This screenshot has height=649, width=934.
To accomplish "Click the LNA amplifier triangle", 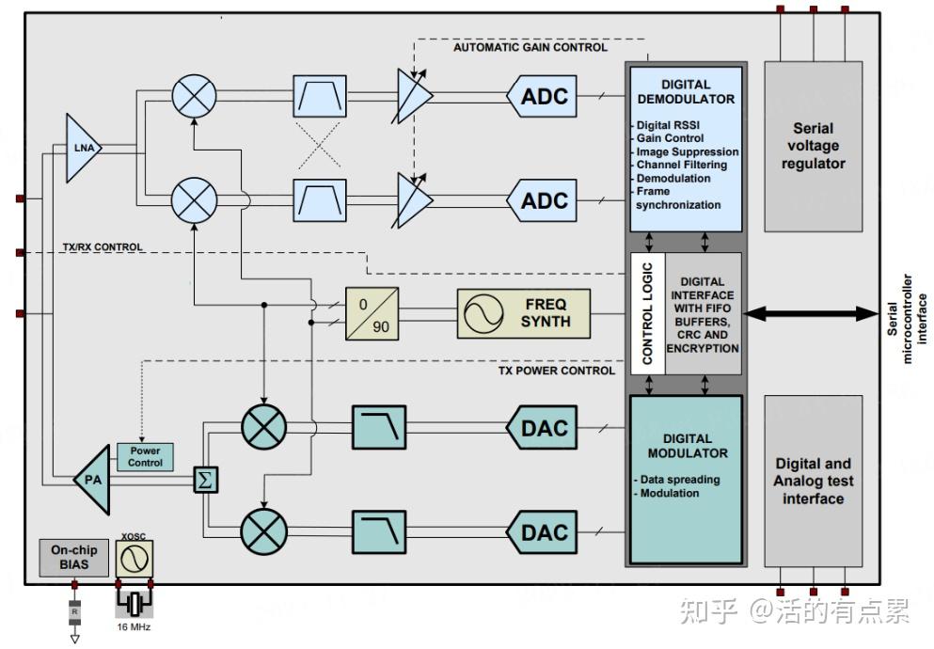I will click(x=82, y=147).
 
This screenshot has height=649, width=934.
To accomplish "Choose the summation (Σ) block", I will click(x=204, y=480).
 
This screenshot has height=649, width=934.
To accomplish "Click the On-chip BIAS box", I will click(x=74, y=558).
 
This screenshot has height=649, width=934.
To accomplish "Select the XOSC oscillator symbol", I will click(x=134, y=561).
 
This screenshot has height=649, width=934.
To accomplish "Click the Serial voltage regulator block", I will click(x=813, y=146).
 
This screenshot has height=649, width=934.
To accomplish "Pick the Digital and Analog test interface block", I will click(x=813, y=481).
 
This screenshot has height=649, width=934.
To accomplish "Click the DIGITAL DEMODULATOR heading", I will click(x=686, y=91).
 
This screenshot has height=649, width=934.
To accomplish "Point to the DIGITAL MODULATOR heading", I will click(x=687, y=446).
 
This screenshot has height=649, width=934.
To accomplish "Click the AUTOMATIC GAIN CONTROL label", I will click(x=530, y=47).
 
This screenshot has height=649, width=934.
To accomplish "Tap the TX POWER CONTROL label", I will click(x=556, y=371).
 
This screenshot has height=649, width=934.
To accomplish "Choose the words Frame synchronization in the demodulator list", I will click(x=678, y=198).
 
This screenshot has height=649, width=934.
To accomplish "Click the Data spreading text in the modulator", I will click(x=679, y=480).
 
